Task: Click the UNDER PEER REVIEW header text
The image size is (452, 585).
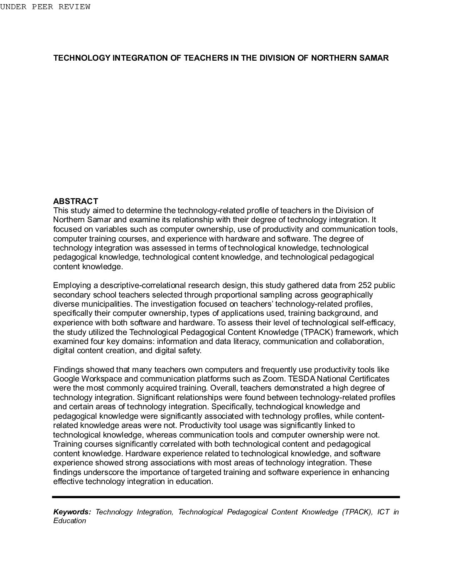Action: point(45,7)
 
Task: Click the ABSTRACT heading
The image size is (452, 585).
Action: point(76,202)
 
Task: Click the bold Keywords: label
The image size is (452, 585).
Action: point(72,512)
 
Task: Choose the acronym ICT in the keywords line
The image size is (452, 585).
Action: point(383,512)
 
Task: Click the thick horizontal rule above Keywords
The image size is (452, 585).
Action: point(226,497)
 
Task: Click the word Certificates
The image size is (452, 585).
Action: point(369,379)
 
